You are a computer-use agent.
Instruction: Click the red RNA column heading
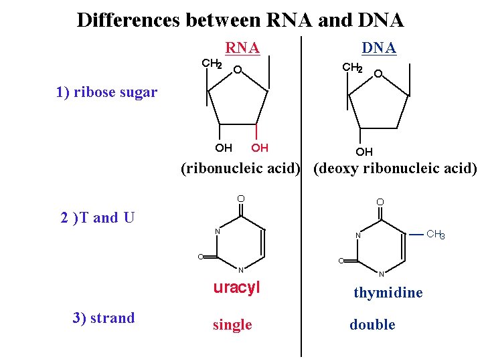[242, 47]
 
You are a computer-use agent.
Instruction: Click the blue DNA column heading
[379, 47]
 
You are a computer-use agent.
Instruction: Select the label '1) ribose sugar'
[107, 92]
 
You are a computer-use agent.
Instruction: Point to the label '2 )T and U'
[98, 217]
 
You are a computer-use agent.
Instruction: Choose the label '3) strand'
[104, 318]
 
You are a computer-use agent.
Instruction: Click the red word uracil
[236, 288]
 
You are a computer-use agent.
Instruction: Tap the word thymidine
[388, 293]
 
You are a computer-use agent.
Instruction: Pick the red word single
[232, 325]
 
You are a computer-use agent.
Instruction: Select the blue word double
[372, 325]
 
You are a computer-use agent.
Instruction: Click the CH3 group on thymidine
[435, 235]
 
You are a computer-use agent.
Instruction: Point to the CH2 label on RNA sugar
[212, 64]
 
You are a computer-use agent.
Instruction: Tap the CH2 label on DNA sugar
[352, 68]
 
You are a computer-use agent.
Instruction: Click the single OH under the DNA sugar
[364, 152]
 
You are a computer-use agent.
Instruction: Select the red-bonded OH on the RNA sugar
[259, 148]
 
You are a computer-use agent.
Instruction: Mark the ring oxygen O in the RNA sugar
[238, 70]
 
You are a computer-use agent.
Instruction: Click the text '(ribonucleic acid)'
[240, 168]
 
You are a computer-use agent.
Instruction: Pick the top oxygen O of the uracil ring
[241, 198]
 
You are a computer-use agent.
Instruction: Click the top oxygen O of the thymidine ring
[380, 202]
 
